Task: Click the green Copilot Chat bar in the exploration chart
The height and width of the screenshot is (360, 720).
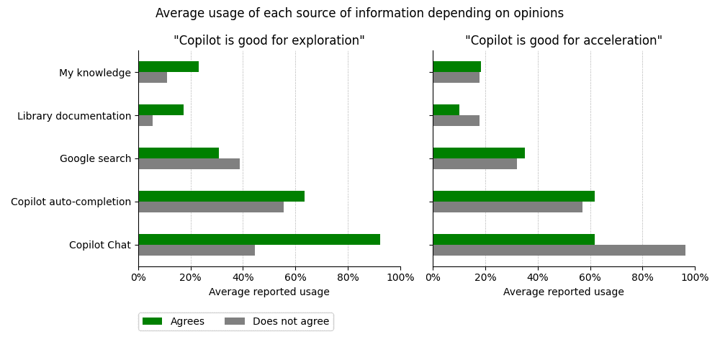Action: [x=259, y=239]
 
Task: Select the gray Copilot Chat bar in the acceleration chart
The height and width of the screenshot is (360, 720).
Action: [x=559, y=251]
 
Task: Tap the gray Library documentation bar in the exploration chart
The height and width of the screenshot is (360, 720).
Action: [x=145, y=121]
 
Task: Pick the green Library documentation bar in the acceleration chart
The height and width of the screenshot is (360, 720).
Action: [x=446, y=109]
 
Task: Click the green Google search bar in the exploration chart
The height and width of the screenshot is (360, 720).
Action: [x=179, y=153]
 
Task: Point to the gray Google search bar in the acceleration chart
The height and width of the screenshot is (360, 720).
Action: [x=474, y=164]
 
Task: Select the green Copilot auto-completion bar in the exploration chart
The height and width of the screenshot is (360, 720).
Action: [x=221, y=196]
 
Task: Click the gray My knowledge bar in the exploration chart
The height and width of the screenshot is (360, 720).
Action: [x=153, y=78]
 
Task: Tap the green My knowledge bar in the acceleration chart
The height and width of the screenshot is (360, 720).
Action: [x=456, y=66]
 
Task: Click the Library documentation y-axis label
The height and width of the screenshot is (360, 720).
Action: [x=74, y=116]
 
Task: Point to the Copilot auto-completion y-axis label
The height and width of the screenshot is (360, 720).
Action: [x=71, y=202]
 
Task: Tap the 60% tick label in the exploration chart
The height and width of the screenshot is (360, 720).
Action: [x=295, y=277]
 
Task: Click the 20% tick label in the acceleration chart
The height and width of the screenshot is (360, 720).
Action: [x=485, y=277]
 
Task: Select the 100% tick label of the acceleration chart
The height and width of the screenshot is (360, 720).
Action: [x=695, y=277]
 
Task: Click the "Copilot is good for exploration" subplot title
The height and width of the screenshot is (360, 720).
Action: [x=269, y=41]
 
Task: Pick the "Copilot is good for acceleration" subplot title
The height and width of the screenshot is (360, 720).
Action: [x=563, y=41]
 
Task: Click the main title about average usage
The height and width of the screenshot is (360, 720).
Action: [x=359, y=14]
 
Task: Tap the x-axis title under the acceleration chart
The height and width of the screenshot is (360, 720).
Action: [x=563, y=292]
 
